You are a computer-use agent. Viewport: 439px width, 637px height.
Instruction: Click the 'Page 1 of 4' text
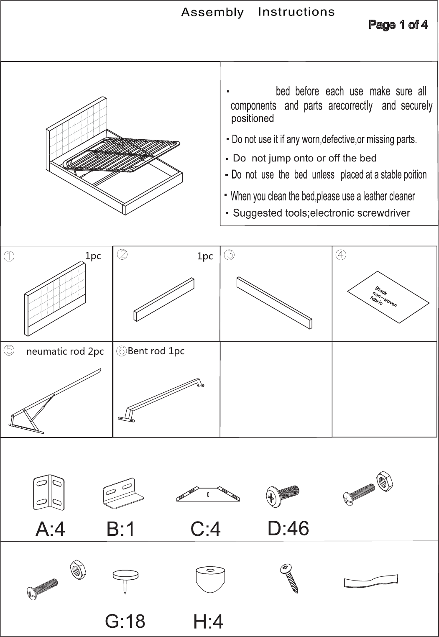398,25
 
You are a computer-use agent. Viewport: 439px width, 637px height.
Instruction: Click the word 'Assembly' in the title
212,13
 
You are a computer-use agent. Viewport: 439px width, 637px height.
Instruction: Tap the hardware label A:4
50,529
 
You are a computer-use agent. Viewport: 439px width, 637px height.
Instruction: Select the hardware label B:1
120,529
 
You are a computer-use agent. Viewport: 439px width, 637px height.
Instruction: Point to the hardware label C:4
206,529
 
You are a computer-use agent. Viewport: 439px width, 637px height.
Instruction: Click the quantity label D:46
288,528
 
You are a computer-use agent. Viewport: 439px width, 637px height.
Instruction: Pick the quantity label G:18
125,621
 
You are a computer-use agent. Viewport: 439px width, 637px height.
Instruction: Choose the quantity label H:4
208,622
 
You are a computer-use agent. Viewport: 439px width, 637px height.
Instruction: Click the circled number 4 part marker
341,255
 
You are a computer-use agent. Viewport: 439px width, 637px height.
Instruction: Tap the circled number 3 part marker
229,255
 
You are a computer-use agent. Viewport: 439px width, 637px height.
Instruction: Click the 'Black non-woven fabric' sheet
388,297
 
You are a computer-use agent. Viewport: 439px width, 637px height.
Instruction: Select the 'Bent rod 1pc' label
156,351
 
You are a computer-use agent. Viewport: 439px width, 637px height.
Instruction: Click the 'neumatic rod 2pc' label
65,351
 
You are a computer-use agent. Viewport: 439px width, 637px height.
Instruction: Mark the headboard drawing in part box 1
55,299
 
